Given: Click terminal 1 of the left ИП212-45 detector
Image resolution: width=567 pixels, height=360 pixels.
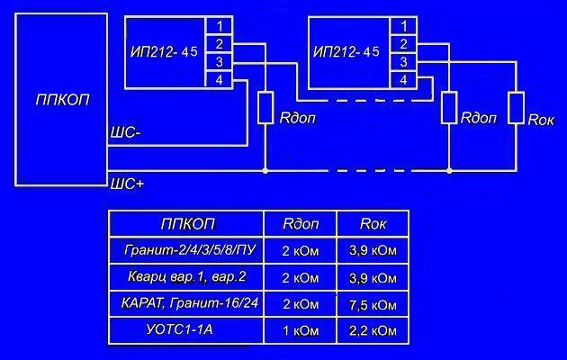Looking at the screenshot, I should (219, 24).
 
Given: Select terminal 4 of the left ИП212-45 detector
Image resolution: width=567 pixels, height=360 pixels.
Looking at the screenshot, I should (219, 80).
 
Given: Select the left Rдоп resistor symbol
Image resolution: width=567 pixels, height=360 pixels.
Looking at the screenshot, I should (265, 108).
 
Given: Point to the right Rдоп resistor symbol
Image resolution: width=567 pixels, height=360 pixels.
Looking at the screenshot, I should (448, 108).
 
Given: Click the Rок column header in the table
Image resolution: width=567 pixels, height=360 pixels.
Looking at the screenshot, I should (372, 222).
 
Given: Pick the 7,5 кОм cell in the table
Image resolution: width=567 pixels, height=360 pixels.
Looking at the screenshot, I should (373, 303).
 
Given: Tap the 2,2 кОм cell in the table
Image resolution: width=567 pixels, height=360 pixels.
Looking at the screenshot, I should (373, 331).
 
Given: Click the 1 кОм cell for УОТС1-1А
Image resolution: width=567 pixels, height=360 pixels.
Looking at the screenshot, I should (300, 331).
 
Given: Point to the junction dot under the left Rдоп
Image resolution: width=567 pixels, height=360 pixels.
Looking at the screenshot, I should (265, 169).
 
